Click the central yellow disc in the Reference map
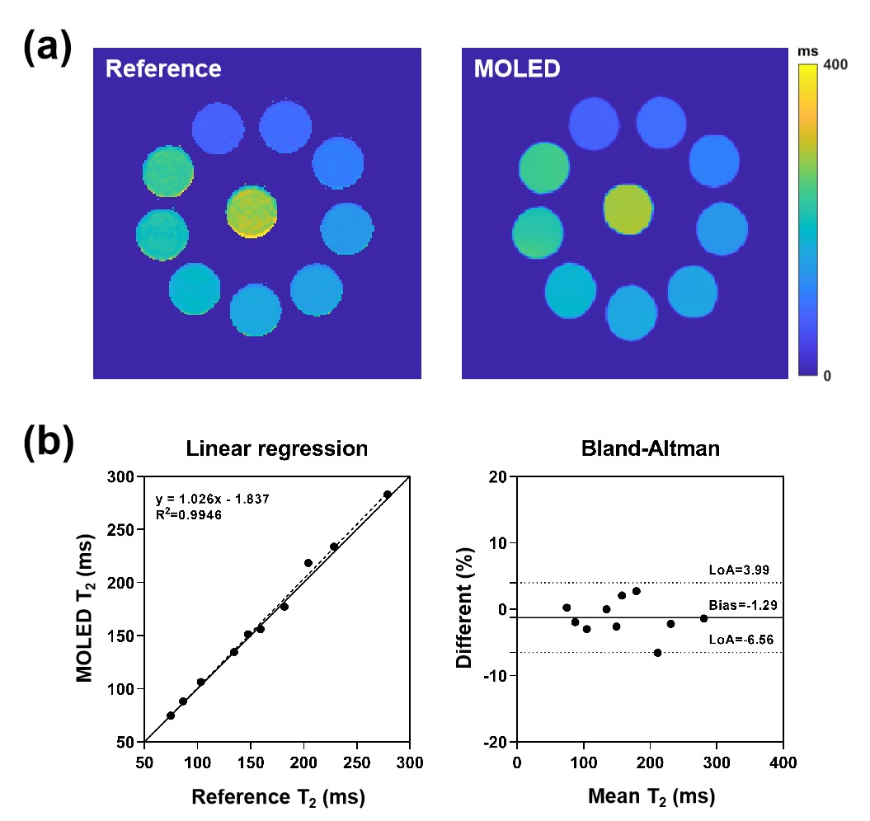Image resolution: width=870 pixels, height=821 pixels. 252,211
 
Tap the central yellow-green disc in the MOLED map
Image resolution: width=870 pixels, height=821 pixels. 628,209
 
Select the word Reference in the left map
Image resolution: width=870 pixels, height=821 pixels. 163,68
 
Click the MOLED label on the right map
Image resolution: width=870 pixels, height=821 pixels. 517,68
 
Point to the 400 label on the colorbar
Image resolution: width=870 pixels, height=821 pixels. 835,65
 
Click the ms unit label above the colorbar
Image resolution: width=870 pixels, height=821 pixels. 808,52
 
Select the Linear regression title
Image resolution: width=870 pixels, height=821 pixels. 277,448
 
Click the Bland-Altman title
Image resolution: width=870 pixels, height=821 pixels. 651,448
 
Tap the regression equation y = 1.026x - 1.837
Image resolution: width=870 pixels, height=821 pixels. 213,499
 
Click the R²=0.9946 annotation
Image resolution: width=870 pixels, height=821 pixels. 189,515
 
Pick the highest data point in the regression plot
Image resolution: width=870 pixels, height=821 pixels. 388,495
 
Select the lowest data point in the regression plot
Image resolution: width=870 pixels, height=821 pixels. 171,715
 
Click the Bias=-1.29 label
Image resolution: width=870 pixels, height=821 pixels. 743,605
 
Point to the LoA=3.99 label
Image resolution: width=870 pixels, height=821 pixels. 739,570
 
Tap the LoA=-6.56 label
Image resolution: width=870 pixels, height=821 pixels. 741,640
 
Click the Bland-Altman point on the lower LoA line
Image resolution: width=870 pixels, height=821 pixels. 657,653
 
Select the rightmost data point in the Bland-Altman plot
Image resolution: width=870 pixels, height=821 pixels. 704,618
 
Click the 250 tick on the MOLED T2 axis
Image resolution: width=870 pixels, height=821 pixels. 120,530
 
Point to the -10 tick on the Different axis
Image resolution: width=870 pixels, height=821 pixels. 495,676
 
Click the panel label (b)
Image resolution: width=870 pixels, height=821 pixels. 49,442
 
